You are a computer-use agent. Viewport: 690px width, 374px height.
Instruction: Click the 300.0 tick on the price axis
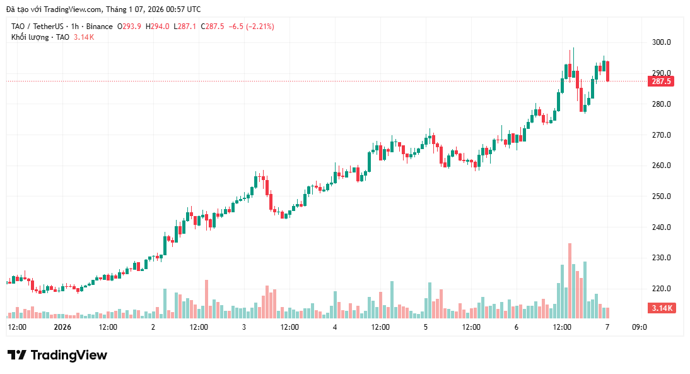click(x=661, y=42)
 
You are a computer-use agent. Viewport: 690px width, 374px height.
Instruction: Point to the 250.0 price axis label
click(x=661, y=196)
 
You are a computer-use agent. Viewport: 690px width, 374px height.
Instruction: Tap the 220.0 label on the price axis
click(x=661, y=289)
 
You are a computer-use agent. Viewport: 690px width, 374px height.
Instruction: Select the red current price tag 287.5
click(x=661, y=81)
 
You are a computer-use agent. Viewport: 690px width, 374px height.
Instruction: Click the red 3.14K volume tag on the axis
click(x=661, y=308)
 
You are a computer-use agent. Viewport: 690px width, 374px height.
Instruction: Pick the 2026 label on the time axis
click(x=62, y=327)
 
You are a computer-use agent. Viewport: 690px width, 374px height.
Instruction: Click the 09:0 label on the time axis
click(x=639, y=327)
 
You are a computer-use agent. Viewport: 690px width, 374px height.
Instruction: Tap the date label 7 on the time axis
click(x=607, y=327)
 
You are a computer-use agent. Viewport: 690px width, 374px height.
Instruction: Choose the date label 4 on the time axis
click(x=335, y=327)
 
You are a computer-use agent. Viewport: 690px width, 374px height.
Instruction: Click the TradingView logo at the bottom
click(x=57, y=355)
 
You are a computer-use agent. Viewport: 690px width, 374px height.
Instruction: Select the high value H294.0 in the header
click(x=158, y=27)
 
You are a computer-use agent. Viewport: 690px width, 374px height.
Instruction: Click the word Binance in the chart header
click(x=100, y=27)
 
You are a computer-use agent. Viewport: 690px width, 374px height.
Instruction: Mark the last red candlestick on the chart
click(x=607, y=71)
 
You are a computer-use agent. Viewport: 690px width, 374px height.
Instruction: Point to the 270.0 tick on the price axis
click(x=661, y=135)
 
